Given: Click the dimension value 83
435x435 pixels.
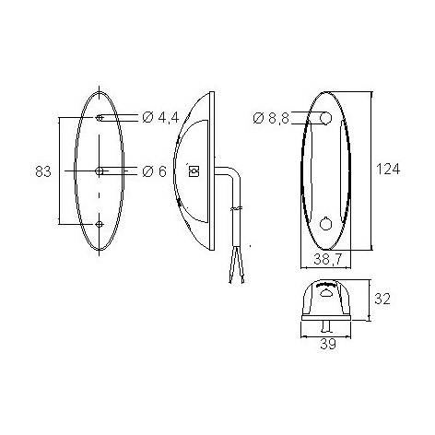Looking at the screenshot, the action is coord(43,171).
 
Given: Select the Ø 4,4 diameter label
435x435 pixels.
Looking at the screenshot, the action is coord(160,117).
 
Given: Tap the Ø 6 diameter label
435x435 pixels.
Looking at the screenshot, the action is coord(154,171).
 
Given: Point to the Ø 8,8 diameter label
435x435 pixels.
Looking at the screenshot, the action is coord(271,118).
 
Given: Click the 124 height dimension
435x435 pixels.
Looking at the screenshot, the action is coord(388,169).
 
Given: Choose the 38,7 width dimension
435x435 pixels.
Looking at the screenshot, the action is coord(328,260).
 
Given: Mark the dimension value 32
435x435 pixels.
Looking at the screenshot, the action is coord(382,299).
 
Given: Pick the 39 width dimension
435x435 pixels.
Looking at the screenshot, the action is coord(328,344).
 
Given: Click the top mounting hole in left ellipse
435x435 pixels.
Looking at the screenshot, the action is coord(99,117).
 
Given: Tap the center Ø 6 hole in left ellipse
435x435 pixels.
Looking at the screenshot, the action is coord(100,170).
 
